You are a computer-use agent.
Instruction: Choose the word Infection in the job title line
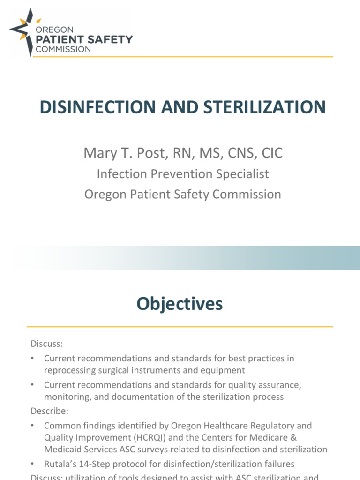[x=119, y=174]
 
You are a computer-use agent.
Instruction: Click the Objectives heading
[x=180, y=304]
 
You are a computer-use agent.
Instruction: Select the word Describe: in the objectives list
[x=50, y=411]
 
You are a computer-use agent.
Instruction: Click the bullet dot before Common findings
[x=33, y=426]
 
